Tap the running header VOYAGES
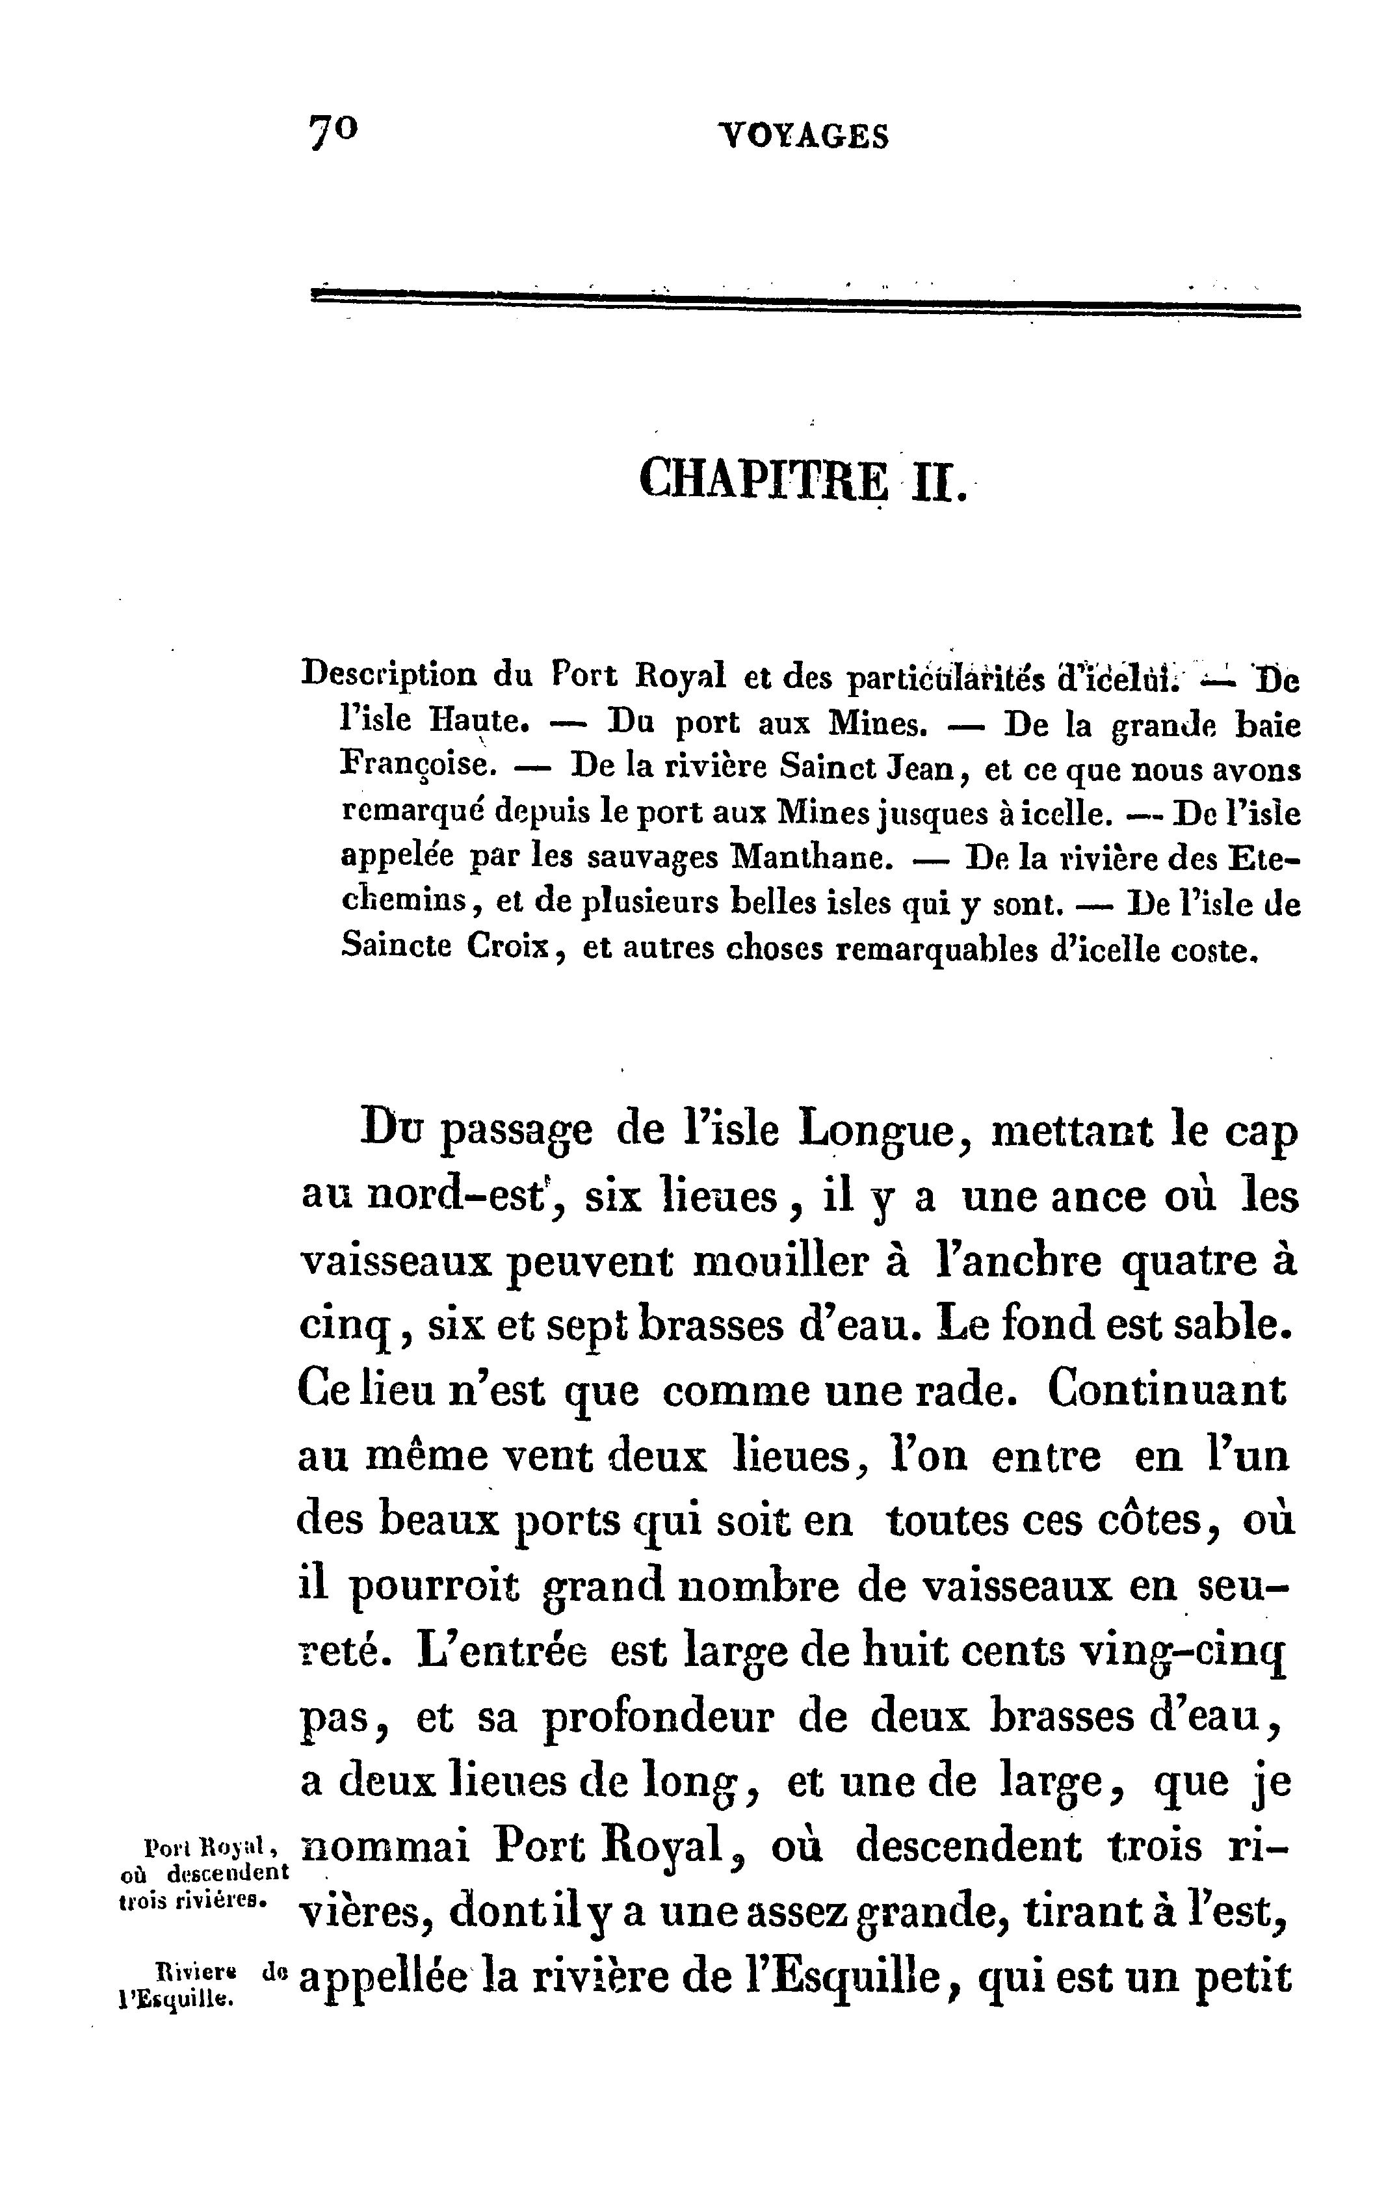[x=803, y=137]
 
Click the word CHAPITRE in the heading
[x=763, y=478]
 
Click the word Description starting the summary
[x=387, y=676]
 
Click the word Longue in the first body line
[x=877, y=1132]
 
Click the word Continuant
[x=1168, y=1390]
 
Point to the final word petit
[x=1245, y=1977]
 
